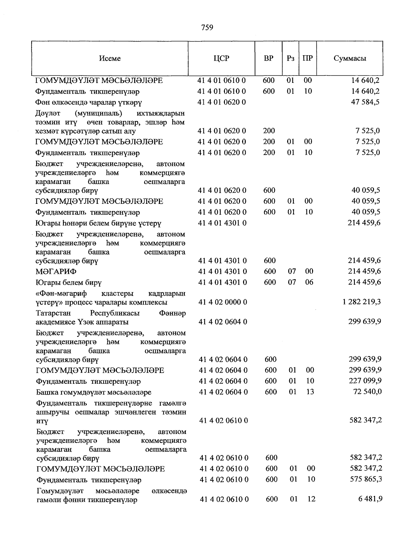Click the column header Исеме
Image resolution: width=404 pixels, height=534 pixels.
click(x=110, y=58)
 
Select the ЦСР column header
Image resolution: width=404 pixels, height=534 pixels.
click(x=221, y=58)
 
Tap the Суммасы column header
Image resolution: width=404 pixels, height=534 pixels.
click(x=350, y=58)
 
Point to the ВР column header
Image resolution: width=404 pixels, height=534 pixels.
click(x=268, y=58)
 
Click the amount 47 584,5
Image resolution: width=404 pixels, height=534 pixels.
click(x=365, y=102)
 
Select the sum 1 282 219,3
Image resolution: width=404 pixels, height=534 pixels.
click(x=362, y=302)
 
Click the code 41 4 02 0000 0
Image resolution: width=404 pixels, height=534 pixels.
click(x=223, y=302)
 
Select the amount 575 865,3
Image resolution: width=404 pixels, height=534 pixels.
click(x=366, y=479)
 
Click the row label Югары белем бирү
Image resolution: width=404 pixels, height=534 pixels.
click(x=69, y=282)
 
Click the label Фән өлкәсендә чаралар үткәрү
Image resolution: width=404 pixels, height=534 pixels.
click(x=89, y=102)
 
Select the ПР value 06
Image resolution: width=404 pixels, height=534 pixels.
click(x=309, y=282)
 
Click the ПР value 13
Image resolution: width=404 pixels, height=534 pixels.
click(x=310, y=392)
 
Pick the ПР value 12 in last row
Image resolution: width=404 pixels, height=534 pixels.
click(x=311, y=499)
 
